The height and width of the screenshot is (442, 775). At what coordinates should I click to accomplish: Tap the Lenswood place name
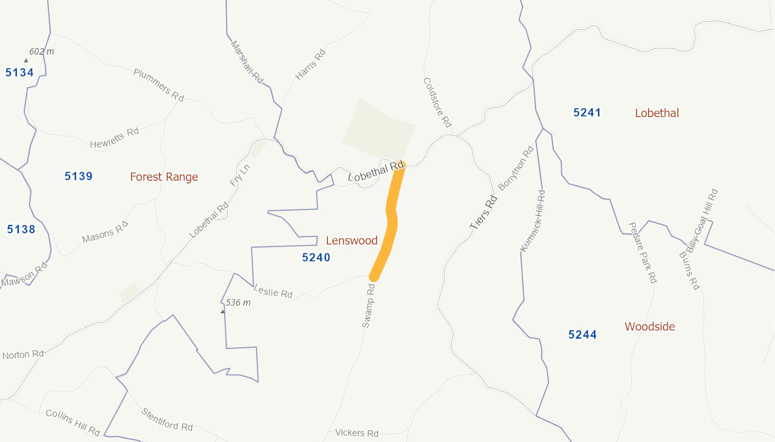tap(351, 240)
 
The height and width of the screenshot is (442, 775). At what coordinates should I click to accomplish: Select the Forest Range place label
tap(164, 177)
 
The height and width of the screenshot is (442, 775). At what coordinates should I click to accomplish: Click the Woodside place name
tap(649, 326)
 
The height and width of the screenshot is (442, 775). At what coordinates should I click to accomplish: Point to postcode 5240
tap(316, 257)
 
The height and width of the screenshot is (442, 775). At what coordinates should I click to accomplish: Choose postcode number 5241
tap(587, 112)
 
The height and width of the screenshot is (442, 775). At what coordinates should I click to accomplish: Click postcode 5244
tap(582, 335)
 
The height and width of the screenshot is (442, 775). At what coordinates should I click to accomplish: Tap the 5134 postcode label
tap(20, 72)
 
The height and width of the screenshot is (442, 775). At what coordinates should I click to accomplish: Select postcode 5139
tap(79, 176)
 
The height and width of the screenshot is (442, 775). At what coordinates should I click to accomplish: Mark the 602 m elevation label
tap(42, 51)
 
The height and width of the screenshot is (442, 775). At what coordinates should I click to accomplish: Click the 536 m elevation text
tap(238, 302)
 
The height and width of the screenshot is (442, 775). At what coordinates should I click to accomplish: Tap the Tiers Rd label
tap(483, 213)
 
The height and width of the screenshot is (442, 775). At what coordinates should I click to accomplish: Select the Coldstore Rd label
tap(437, 102)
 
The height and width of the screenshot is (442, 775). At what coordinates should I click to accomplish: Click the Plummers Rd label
tap(159, 84)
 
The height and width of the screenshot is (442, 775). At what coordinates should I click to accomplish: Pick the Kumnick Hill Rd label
tap(533, 221)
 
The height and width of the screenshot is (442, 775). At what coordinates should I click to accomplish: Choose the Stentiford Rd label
tap(167, 419)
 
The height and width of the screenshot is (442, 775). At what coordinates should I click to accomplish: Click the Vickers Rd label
tap(357, 433)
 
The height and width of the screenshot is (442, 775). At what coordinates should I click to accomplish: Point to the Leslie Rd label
tap(273, 292)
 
